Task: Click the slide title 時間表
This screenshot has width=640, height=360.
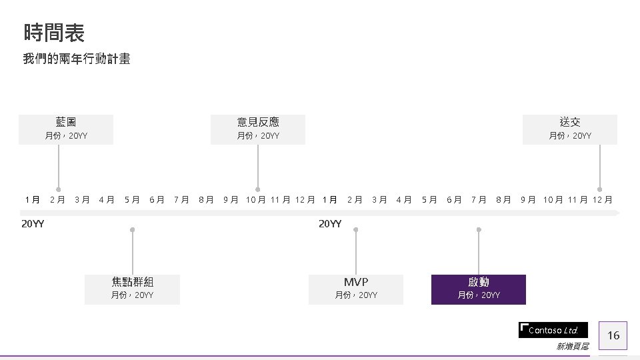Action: tap(54, 32)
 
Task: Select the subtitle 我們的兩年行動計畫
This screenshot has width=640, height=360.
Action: tap(77, 59)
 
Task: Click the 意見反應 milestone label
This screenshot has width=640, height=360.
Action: tap(258, 122)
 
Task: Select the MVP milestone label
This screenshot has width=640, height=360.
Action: tap(356, 282)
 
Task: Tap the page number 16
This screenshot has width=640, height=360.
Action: tap(613, 335)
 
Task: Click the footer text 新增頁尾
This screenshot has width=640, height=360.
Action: tap(572, 347)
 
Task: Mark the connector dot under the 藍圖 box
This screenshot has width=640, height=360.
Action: tap(59, 189)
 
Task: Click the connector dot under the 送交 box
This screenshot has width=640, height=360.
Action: tap(599, 189)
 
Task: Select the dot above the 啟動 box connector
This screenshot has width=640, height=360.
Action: tap(479, 230)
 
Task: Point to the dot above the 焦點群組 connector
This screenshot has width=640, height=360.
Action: tap(133, 230)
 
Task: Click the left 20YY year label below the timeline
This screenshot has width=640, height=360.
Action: tap(33, 224)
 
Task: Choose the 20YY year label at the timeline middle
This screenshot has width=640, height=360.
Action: tap(330, 224)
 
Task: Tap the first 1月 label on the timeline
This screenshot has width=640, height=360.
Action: tap(33, 199)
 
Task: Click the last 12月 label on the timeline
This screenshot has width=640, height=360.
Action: tap(603, 199)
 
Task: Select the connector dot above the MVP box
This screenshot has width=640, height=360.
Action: tap(356, 230)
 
